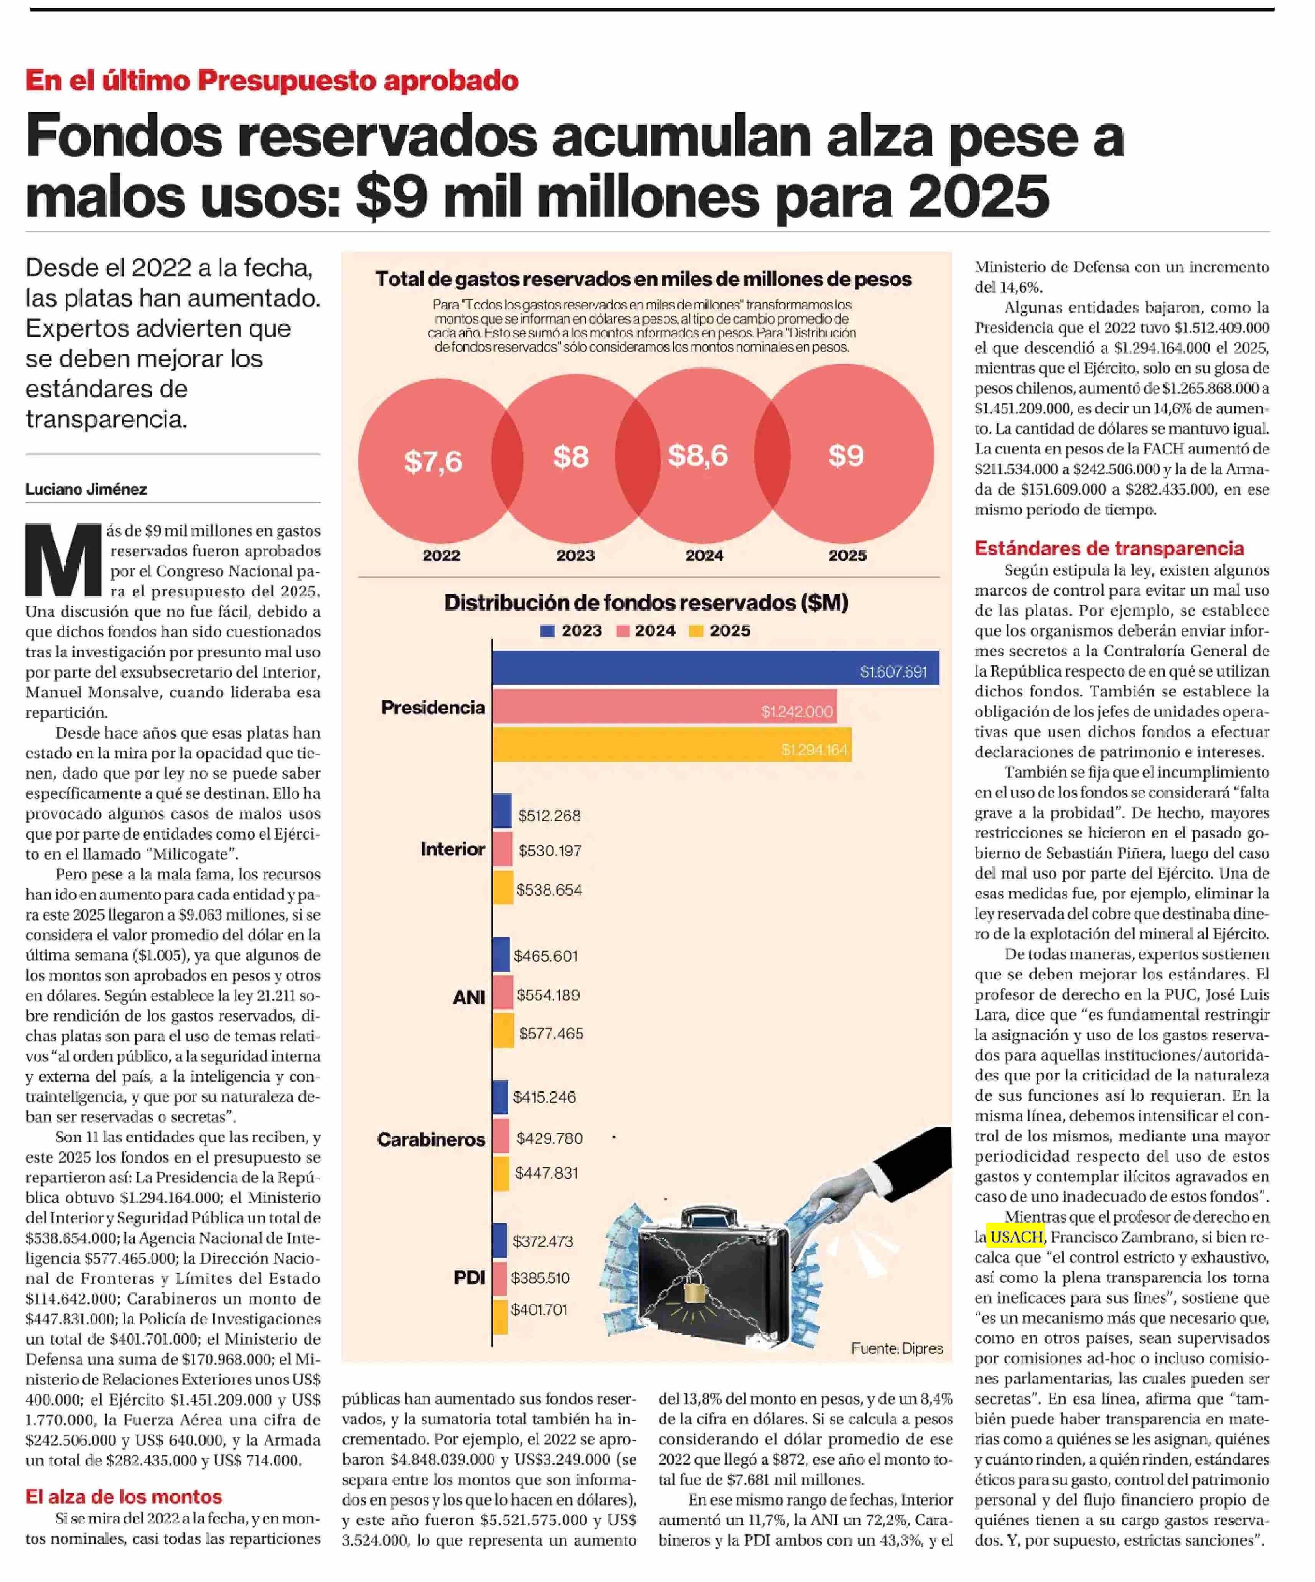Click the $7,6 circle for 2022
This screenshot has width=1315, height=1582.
click(433, 461)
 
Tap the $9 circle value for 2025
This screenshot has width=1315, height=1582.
click(845, 455)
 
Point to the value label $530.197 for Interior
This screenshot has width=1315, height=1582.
click(549, 851)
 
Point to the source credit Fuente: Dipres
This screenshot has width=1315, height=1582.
click(897, 1348)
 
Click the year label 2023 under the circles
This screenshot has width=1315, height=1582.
click(575, 555)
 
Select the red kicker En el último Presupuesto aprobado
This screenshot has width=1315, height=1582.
click(271, 80)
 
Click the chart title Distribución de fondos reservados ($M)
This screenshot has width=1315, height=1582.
click(646, 603)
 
